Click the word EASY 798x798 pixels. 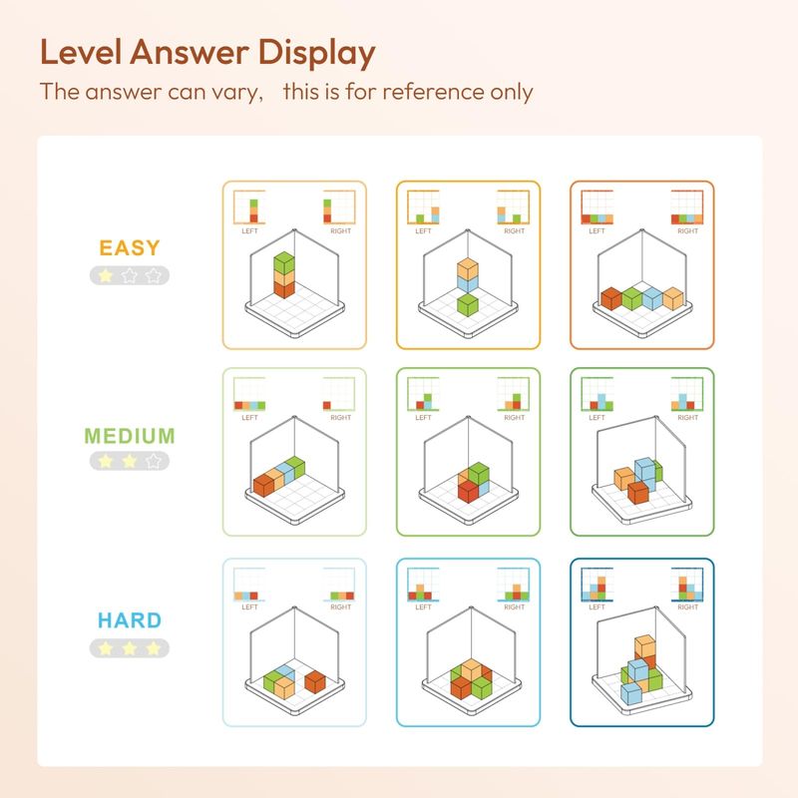(x=130, y=248)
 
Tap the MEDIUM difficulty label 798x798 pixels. (x=130, y=436)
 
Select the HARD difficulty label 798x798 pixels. (x=130, y=620)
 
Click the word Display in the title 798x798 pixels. (x=316, y=54)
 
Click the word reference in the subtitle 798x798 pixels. (x=434, y=92)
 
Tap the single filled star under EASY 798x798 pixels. (x=106, y=276)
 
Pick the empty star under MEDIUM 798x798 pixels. (x=154, y=461)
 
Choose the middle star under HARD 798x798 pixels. (x=130, y=648)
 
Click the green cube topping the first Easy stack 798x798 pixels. (x=284, y=262)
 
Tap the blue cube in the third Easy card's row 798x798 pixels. (x=652, y=298)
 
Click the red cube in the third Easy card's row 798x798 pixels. (x=611, y=298)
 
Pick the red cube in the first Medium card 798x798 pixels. (x=264, y=485)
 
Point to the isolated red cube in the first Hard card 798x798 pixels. (x=315, y=682)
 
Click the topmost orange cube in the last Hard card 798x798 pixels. (x=644, y=645)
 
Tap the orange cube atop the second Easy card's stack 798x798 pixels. (x=467, y=268)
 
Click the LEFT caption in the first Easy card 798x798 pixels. (x=249, y=231)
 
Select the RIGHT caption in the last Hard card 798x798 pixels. (x=687, y=607)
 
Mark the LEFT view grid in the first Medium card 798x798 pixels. (x=249, y=394)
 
